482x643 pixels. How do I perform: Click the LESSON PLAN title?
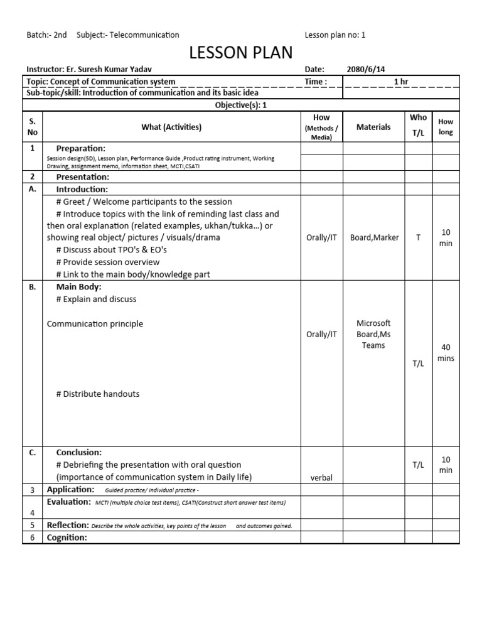[x=241, y=53]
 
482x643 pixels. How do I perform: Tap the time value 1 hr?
[x=400, y=82]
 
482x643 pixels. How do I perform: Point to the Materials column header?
[x=373, y=127]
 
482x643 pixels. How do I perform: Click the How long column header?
[x=446, y=127]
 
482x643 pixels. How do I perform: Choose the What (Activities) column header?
[x=171, y=127]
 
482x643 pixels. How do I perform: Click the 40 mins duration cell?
[x=446, y=353]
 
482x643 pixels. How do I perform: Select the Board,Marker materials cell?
[x=374, y=237]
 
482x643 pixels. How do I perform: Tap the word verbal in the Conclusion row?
[x=321, y=478]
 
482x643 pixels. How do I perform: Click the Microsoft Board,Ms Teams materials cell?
[x=373, y=334]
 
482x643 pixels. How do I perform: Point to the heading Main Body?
[x=78, y=287]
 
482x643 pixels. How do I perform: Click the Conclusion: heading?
[x=79, y=452]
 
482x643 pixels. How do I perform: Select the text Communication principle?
[x=95, y=324]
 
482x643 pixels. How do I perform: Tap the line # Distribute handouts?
[x=97, y=394]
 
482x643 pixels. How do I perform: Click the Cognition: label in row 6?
[x=67, y=538]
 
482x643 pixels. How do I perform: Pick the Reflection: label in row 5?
[x=68, y=525]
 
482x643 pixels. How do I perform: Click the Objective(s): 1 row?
[x=241, y=105]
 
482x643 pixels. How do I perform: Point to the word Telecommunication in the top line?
[x=144, y=35]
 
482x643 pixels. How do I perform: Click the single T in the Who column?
[x=418, y=237]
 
